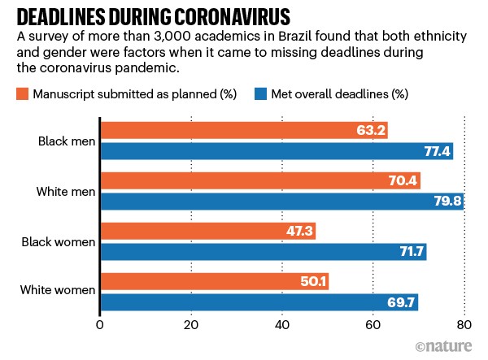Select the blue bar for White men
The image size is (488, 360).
tap(281, 202)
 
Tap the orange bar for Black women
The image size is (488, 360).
tap(207, 232)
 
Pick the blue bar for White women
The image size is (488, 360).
tap(259, 302)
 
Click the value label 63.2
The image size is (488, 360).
tap(370, 131)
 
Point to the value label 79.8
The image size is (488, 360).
tap(446, 202)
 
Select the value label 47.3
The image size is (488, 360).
tap(297, 232)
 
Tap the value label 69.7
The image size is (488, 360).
tap(401, 302)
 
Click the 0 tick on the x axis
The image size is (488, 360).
tap(99, 326)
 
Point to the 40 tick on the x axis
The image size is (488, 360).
tap(282, 326)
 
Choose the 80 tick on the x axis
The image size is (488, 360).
tap(464, 326)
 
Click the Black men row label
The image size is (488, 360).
tap(65, 141)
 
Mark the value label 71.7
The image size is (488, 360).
tap(409, 252)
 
